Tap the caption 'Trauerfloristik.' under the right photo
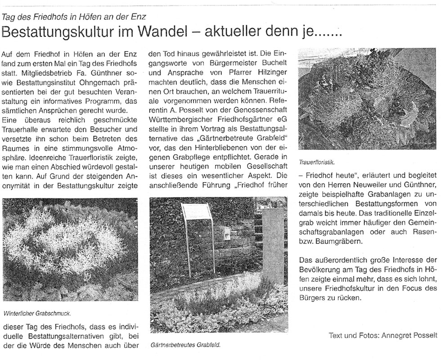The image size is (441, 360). pyautogui.click(x=317, y=160)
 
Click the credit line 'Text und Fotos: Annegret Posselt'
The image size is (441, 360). pyautogui.click(x=383, y=335)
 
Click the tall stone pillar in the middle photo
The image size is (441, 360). pyautogui.click(x=272, y=245)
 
